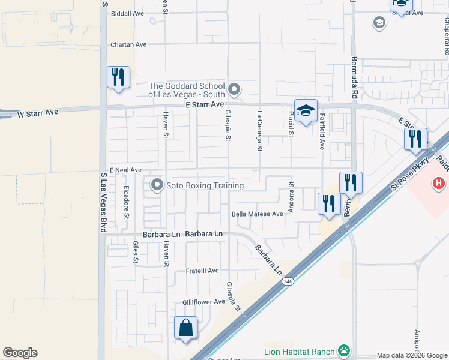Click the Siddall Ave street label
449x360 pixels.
click(127, 13)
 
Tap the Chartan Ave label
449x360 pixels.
click(128, 45)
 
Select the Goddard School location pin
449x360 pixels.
click(235, 90)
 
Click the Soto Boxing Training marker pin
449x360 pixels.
click(157, 185)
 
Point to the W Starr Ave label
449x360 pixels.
click(37, 113)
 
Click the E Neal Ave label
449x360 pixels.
click(125, 170)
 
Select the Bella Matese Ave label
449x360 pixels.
click(257, 214)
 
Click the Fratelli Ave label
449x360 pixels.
click(202, 271)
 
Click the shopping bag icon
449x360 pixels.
click(185, 328)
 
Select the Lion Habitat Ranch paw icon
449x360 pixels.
click(344, 350)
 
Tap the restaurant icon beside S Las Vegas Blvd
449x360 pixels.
click(118, 77)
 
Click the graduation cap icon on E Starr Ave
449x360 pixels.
click(306, 110)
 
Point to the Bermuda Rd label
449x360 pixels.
click(355, 79)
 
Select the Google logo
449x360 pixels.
click(20, 353)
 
